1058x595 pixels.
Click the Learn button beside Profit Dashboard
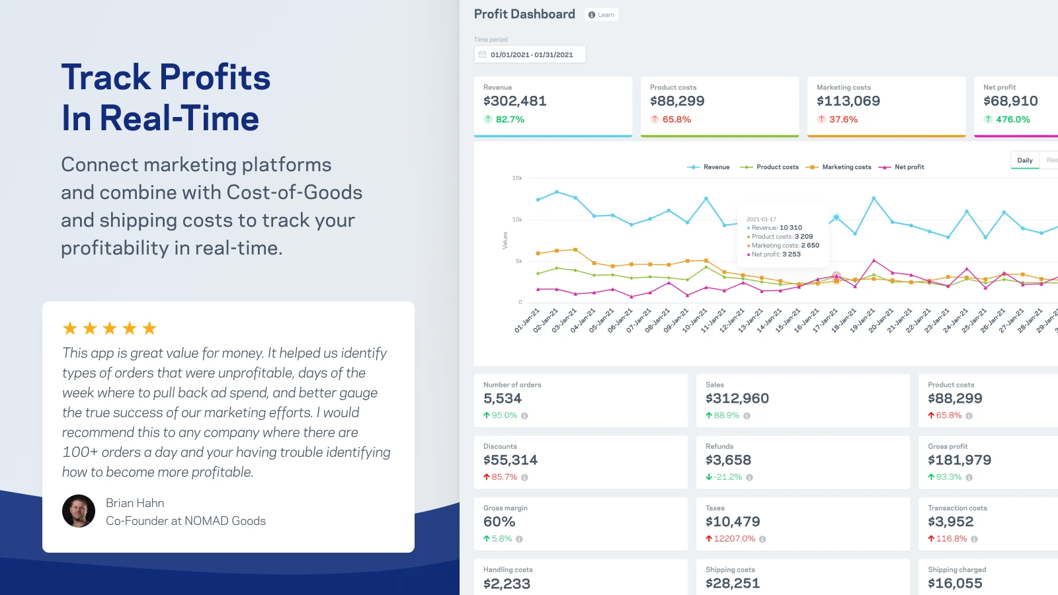tap(602, 15)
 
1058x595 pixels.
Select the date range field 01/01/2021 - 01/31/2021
tap(530, 54)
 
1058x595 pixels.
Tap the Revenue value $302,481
tap(515, 101)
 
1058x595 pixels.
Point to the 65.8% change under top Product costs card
tap(676, 120)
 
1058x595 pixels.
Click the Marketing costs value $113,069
tap(848, 101)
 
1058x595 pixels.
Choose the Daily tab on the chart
tap(1025, 160)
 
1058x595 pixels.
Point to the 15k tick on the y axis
tap(517, 178)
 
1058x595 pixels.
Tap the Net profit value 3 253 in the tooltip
tap(792, 255)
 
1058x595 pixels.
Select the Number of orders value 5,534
tap(503, 399)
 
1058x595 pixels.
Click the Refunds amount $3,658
tap(728, 460)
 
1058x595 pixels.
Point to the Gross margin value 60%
tap(499, 522)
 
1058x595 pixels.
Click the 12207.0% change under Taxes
tap(734, 539)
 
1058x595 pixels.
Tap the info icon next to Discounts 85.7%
tap(524, 477)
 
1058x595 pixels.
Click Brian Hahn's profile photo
tap(79, 511)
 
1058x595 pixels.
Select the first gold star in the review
tap(70, 328)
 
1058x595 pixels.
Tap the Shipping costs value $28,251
tap(733, 583)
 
